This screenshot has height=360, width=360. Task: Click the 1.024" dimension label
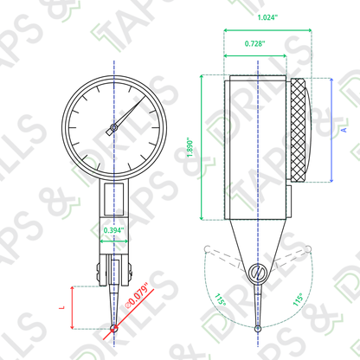267,17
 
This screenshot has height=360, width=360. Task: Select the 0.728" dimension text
254,43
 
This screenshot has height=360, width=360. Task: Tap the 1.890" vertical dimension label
190,147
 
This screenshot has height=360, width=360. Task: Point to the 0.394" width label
113,230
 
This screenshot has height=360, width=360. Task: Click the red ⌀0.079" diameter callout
138,295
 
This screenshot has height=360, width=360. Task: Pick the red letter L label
61,307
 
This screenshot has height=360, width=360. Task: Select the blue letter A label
344,130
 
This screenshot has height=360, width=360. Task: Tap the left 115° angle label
220,299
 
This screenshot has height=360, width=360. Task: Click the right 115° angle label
299,299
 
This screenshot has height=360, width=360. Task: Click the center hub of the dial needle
114,127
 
